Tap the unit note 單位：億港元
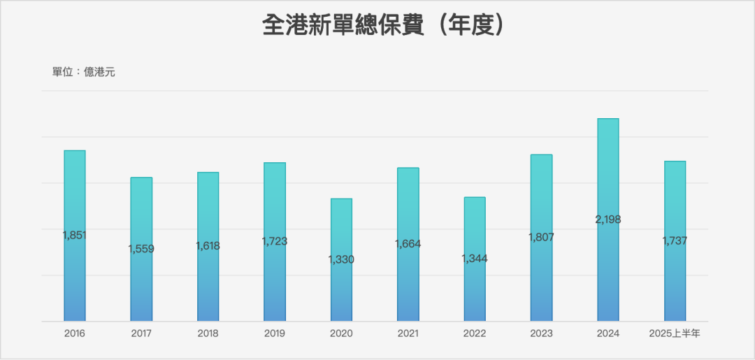pyautogui.click(x=84, y=72)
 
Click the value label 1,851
pyautogui.click(x=75, y=236)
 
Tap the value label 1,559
pyautogui.click(x=141, y=249)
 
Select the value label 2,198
pyautogui.click(x=608, y=219)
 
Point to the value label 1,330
pyautogui.click(x=341, y=259)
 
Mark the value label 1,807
pyautogui.click(x=541, y=237)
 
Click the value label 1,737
pyautogui.click(x=675, y=240)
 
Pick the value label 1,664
pyautogui.click(x=408, y=244)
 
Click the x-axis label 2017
pyautogui.click(x=141, y=333)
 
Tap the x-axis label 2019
pyautogui.click(x=275, y=333)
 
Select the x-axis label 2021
pyautogui.click(x=408, y=333)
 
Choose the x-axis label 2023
pyautogui.click(x=541, y=333)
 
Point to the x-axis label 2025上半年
pyautogui.click(x=675, y=333)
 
